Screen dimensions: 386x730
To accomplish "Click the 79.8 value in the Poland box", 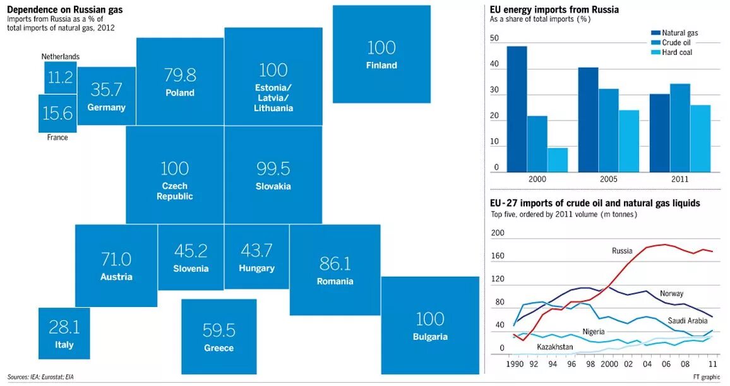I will pyautogui.click(x=180, y=75).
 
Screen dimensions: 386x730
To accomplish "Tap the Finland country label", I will pyautogui.click(x=381, y=65).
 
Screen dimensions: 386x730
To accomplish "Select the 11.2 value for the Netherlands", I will pyautogui.click(x=61, y=78).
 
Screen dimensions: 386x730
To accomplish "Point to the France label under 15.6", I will pyautogui.click(x=57, y=137).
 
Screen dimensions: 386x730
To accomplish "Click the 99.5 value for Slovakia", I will pyautogui.click(x=273, y=168).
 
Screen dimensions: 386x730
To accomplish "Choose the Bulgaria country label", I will pyautogui.click(x=430, y=337).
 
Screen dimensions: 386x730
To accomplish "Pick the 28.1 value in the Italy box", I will pyautogui.click(x=64, y=327).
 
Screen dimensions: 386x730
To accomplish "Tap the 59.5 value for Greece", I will pyautogui.click(x=218, y=330).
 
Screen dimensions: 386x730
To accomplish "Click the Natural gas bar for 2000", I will pyautogui.click(x=517, y=109).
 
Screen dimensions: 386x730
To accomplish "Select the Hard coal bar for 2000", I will pyautogui.click(x=558, y=160).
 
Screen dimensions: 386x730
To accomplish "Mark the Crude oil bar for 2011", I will pyautogui.click(x=679, y=128).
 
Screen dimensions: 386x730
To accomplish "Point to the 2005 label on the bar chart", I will pyautogui.click(x=608, y=179).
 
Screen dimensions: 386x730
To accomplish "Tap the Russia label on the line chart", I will pyautogui.click(x=622, y=251).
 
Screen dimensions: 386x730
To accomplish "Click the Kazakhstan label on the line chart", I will pyautogui.click(x=555, y=347).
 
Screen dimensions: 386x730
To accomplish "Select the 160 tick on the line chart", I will pyautogui.click(x=498, y=256).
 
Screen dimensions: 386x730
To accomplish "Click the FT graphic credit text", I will pyautogui.click(x=705, y=377).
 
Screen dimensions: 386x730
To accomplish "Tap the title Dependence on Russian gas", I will pyautogui.click(x=65, y=9).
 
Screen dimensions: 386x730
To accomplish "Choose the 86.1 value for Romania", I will pyautogui.click(x=335, y=263).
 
